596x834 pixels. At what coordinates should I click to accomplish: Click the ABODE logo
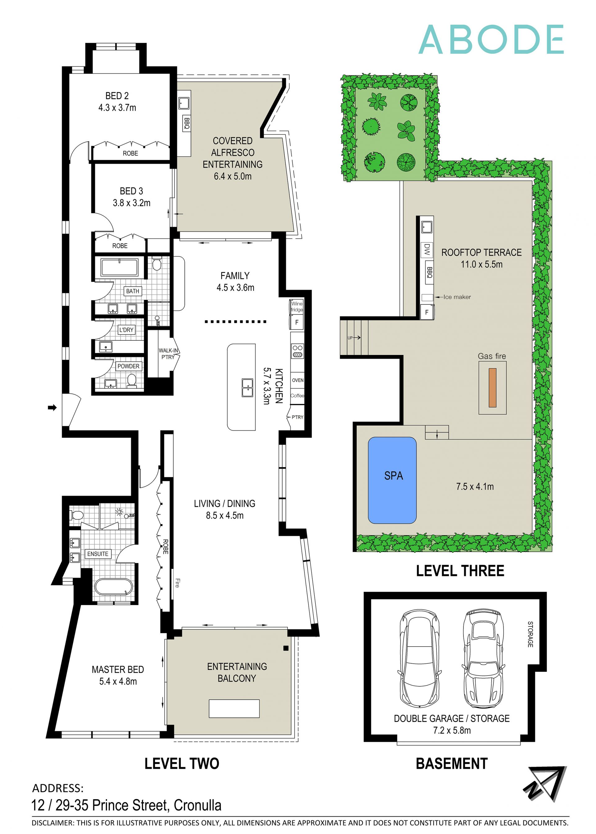tap(491, 40)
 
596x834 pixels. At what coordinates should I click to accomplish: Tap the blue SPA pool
tap(392, 480)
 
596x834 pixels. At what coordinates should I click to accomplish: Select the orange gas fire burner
tap(492, 388)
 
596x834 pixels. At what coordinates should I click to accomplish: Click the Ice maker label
tap(457, 297)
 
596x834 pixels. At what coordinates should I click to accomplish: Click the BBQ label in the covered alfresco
tap(187, 123)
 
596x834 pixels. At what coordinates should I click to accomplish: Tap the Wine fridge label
tap(296, 306)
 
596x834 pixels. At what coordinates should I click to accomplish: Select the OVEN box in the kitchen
tap(297, 380)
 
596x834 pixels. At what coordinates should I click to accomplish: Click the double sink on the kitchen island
tap(247, 388)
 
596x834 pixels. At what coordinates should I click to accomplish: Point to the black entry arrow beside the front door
tap(52, 407)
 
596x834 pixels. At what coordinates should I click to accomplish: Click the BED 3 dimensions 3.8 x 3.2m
tap(131, 203)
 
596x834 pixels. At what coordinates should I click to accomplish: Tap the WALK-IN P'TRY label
tap(168, 354)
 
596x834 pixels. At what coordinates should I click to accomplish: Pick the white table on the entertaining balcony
tap(234, 708)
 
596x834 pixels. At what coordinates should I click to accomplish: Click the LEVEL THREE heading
tap(460, 571)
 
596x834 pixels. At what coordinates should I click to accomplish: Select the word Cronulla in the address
tap(197, 805)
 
